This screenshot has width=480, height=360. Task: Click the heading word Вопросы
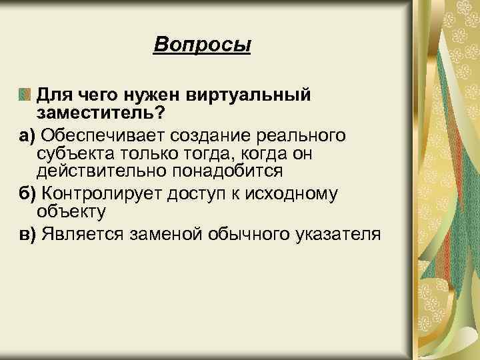tap(202, 45)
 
